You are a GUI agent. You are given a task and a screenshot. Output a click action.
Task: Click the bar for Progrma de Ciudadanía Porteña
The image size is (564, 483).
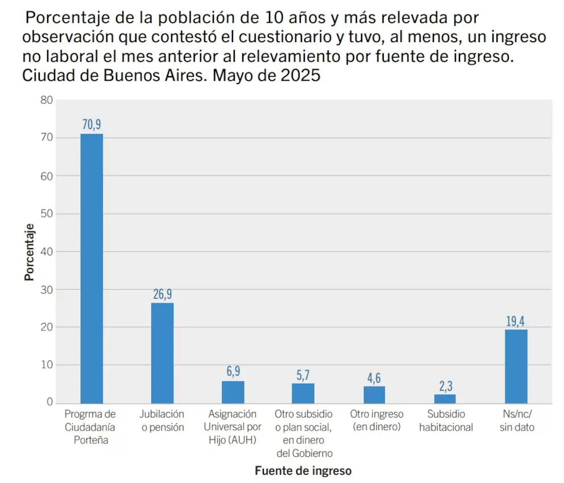coord(92,268)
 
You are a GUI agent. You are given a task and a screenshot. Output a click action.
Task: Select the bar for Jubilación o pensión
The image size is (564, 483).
coord(162,353)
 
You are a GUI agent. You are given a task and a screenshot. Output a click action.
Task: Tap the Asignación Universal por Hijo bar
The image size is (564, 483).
coord(233,391)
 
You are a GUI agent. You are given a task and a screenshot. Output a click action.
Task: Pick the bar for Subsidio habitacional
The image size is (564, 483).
coord(445,398)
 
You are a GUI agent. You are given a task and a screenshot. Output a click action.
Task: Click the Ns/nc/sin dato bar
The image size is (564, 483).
coord(516,366)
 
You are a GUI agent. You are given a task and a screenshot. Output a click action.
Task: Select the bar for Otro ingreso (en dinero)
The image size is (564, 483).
coord(375,394)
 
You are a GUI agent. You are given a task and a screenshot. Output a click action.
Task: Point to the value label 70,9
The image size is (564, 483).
coord(92,125)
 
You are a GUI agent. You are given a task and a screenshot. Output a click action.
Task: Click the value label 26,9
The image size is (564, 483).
coord(162,294)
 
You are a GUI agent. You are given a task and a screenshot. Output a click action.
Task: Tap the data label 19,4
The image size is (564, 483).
coord(516,321)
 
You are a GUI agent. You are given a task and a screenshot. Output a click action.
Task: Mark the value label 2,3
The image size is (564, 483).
coord(445,386)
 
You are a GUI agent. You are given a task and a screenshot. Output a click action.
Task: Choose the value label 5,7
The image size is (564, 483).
coord(303,375)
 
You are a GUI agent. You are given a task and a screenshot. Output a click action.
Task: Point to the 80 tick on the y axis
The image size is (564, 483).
coord(47,101)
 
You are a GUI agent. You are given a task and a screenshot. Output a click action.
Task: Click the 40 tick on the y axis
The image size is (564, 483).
coord(47,251)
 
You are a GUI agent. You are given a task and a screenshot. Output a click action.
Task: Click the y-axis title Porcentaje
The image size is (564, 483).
coord(29,251)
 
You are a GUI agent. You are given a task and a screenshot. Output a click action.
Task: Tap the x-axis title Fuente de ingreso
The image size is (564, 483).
coord(303,470)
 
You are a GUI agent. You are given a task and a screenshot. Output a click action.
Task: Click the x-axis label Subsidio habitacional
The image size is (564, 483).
coord(446,420)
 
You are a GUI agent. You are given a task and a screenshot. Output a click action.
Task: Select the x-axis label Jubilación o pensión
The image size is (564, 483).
coord(163,420)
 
